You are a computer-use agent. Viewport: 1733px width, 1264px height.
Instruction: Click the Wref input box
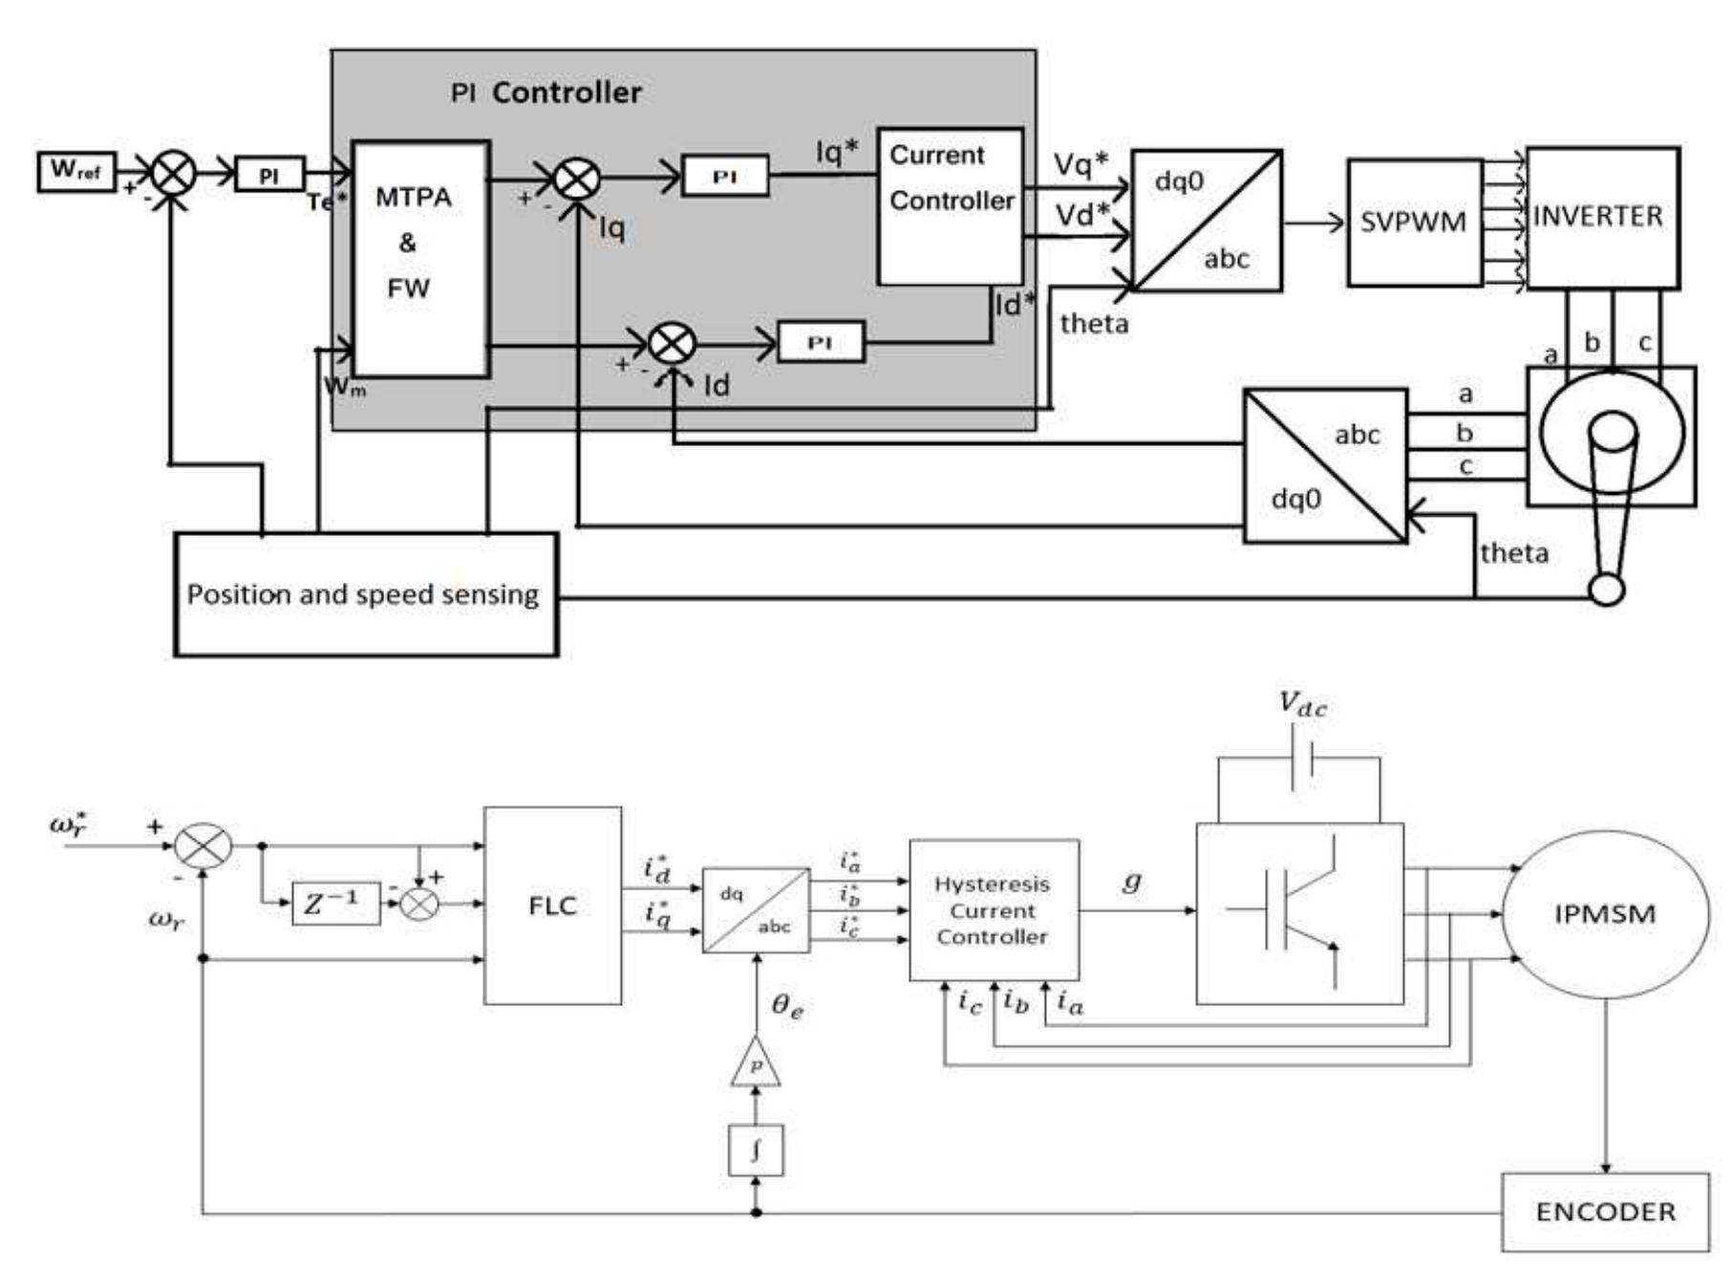[76, 172]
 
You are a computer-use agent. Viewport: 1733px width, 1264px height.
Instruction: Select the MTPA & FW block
[420, 259]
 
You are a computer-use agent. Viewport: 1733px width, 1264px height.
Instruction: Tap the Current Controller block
[951, 206]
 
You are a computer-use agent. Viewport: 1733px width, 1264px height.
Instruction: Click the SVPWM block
[1414, 223]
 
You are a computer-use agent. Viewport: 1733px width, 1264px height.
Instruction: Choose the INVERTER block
[1602, 218]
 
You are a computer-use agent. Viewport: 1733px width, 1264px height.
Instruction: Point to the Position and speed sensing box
[365, 594]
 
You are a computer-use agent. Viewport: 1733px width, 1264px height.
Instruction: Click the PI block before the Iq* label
[725, 177]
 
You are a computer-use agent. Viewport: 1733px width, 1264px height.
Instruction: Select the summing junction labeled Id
[672, 343]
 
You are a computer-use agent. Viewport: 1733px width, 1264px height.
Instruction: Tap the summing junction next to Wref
[174, 174]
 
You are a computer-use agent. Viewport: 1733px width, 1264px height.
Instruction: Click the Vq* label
[1080, 164]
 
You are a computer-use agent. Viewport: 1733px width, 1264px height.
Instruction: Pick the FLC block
[552, 905]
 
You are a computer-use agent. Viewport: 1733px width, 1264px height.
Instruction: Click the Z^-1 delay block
[334, 903]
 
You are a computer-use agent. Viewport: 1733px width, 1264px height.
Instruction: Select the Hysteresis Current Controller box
[994, 910]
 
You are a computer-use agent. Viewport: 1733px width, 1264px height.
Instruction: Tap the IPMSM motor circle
[1605, 914]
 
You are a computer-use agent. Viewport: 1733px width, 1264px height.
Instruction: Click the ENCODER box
[1605, 1211]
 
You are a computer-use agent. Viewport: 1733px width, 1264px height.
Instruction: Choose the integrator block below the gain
[756, 1150]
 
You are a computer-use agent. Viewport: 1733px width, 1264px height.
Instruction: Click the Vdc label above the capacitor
[1302, 705]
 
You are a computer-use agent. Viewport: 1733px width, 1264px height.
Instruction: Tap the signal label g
[1131, 881]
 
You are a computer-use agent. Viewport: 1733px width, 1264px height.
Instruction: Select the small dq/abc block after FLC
[756, 910]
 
